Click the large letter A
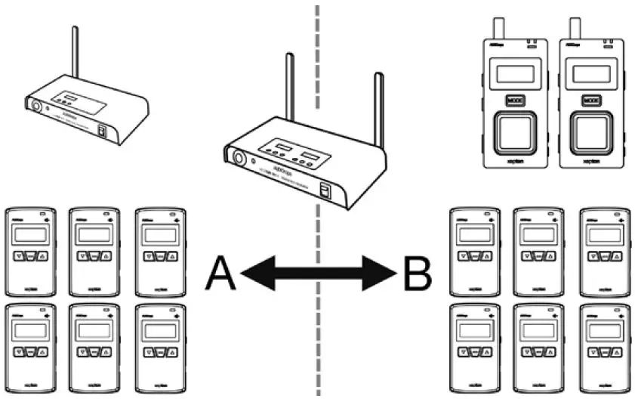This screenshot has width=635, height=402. coord(222,273)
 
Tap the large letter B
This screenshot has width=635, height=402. coord(418,273)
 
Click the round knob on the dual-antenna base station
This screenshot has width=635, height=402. coord(239,159)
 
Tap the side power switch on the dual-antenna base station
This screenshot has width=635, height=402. coord(326,191)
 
